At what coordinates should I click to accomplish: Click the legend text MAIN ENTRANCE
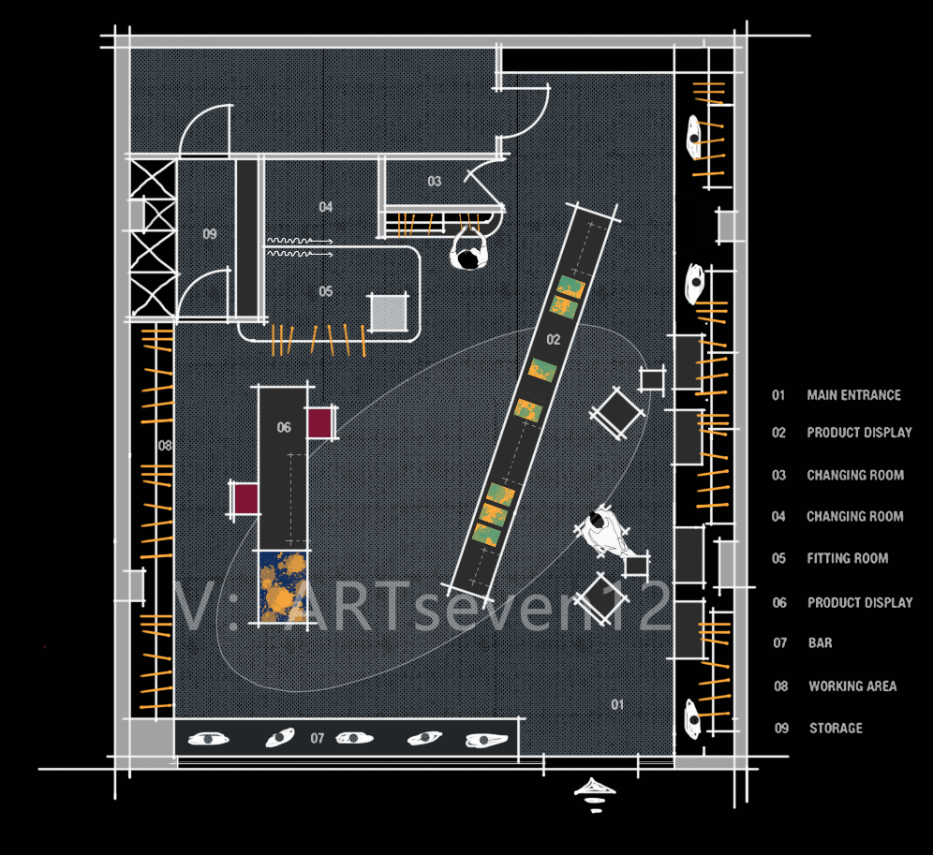click(x=854, y=395)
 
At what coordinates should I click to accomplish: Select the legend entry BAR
click(x=820, y=642)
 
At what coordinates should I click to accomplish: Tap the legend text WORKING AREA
click(x=852, y=686)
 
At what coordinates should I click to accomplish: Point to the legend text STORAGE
click(x=836, y=728)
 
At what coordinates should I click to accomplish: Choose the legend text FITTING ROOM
click(x=848, y=558)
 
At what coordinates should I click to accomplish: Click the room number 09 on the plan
click(x=210, y=234)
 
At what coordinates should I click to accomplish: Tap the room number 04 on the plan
click(x=325, y=206)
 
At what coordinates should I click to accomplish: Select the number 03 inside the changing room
click(x=435, y=181)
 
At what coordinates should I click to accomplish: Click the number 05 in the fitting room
click(x=325, y=291)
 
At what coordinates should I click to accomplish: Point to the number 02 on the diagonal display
click(x=554, y=339)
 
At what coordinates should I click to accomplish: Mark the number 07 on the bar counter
click(x=318, y=738)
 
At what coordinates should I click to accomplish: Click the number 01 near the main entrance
click(x=617, y=704)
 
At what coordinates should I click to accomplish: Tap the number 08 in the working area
click(x=165, y=445)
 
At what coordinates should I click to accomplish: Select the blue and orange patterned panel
click(x=283, y=586)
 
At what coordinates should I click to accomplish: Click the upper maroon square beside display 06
click(x=319, y=422)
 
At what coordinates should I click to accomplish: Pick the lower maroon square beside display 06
click(x=245, y=498)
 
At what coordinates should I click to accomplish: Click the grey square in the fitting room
click(x=389, y=313)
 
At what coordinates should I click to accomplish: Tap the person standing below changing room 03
click(x=469, y=251)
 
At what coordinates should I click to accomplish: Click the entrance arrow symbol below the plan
click(x=595, y=795)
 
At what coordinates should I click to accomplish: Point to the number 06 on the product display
click(x=284, y=427)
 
